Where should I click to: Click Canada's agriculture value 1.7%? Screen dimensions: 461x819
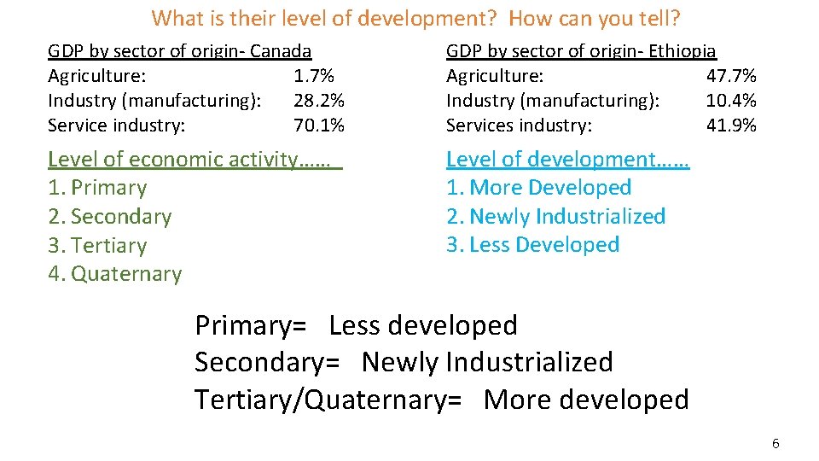click(x=313, y=76)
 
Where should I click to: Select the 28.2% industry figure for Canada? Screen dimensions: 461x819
click(x=319, y=101)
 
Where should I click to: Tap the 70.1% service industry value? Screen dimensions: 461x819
click(x=319, y=125)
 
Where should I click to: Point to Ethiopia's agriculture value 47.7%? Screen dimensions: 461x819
click(x=731, y=76)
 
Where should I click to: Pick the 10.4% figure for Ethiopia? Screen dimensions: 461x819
click(x=731, y=101)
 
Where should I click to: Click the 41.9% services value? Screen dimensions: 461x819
click(x=731, y=125)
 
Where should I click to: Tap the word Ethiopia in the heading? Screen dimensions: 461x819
click(x=682, y=52)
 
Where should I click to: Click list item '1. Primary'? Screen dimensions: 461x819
click(x=97, y=188)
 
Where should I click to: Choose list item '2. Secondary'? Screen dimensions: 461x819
click(x=109, y=217)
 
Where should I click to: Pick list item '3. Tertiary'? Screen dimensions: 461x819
click(x=97, y=246)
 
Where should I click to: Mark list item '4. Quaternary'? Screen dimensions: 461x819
click(x=114, y=274)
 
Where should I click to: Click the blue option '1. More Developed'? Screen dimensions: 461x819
click(x=538, y=188)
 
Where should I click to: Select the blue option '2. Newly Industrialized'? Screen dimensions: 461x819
click(x=555, y=217)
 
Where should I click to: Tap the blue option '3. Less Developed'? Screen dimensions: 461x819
click(x=532, y=245)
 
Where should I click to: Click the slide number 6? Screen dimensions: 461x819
click(x=775, y=444)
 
